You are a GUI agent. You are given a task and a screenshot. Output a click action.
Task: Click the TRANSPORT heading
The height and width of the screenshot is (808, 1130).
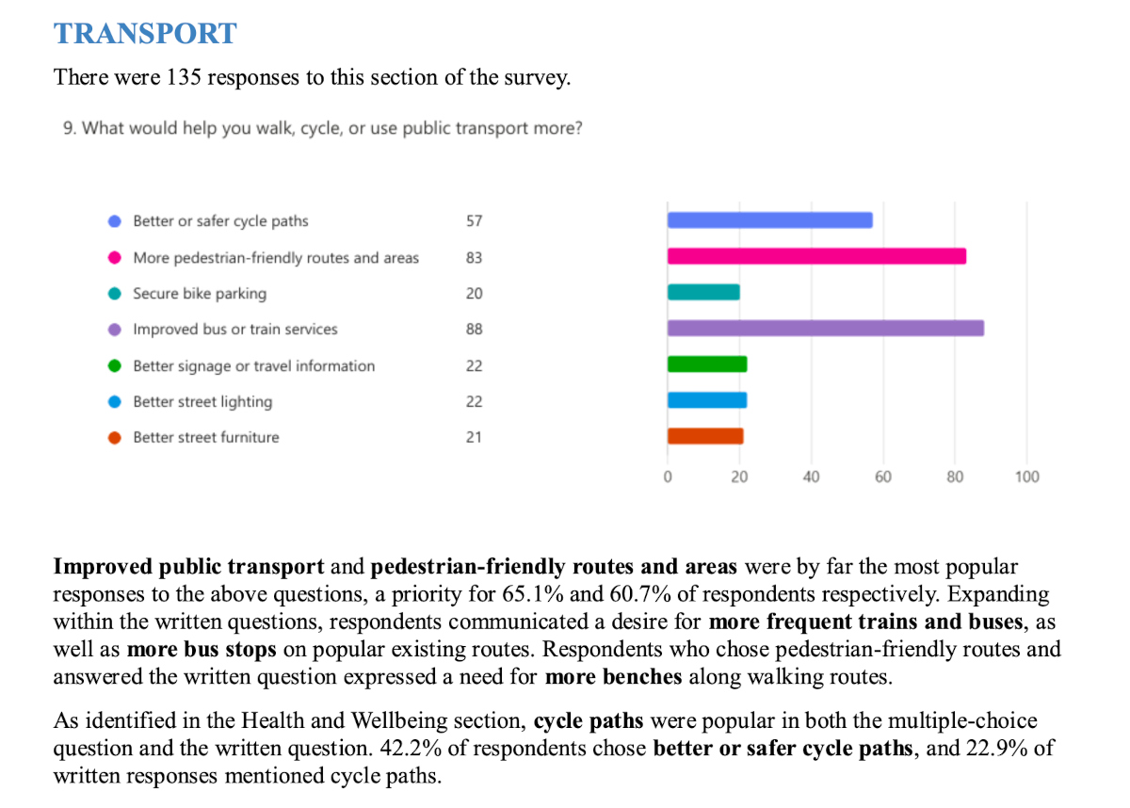pos(145,34)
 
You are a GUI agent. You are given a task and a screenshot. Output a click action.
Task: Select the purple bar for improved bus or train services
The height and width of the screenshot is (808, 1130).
pos(825,329)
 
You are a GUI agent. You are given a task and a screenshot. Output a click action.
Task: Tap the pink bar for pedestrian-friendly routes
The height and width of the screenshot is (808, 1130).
pos(816,256)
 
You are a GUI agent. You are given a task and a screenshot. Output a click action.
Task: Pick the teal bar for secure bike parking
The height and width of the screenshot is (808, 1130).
pos(703,292)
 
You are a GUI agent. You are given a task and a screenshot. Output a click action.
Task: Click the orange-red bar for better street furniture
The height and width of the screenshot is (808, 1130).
pos(705,436)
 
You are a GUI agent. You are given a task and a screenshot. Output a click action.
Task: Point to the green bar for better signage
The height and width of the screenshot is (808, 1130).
pos(707,364)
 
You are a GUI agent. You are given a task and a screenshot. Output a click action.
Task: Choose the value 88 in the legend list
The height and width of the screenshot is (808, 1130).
pos(474,330)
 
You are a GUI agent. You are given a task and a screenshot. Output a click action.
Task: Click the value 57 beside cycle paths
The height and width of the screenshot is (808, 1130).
pos(474,221)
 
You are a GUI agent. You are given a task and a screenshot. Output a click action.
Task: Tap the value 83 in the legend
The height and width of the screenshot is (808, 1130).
pos(474,258)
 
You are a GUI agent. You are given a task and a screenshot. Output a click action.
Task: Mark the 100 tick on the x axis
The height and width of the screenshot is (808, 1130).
pos(1027,477)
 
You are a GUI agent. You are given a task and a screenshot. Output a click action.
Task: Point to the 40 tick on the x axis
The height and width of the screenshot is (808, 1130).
pos(811,477)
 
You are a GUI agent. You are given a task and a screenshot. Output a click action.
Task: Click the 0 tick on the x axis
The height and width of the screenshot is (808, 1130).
pos(668,477)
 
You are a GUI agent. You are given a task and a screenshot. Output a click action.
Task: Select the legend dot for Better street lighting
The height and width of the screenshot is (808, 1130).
pos(115,402)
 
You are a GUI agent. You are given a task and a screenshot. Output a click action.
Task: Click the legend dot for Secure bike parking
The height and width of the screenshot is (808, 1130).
pos(115,294)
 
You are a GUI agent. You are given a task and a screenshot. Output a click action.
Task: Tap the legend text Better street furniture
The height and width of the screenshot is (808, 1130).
pos(206,438)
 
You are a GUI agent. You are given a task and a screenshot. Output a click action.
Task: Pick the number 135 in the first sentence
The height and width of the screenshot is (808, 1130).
pos(184,77)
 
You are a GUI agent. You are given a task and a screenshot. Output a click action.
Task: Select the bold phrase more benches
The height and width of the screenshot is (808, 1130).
pos(613,676)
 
